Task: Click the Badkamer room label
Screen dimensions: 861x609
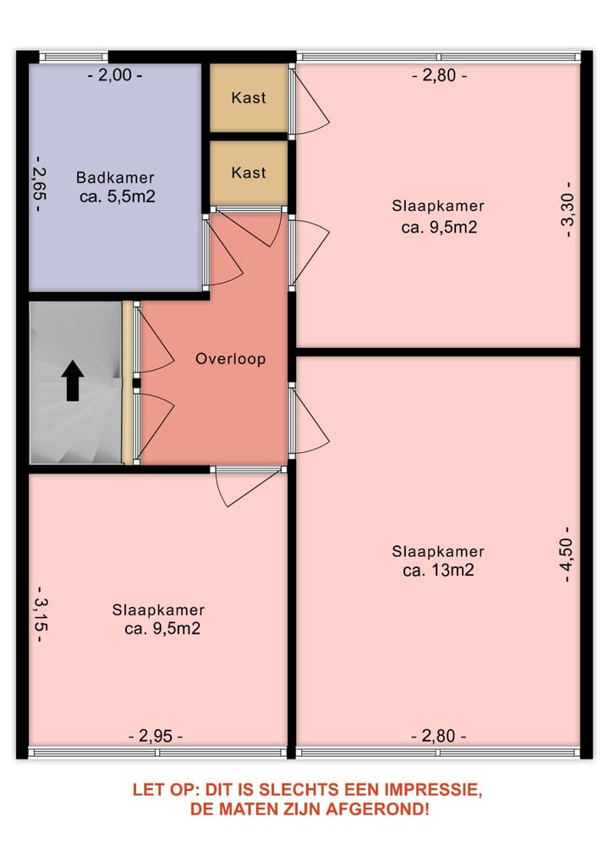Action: tap(115, 178)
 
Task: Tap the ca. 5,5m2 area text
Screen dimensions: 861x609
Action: tap(116, 196)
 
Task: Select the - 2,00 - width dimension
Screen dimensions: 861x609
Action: tap(115, 75)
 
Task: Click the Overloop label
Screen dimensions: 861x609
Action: tap(230, 359)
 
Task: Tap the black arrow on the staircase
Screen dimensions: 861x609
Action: tap(73, 380)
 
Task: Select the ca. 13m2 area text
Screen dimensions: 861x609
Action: tap(437, 570)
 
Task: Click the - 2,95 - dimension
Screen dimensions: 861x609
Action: tap(155, 736)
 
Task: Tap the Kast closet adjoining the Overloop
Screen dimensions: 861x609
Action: tap(249, 173)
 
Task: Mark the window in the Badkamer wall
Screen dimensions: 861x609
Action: tap(74, 57)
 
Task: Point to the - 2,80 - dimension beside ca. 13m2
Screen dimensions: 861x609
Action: tap(439, 736)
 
